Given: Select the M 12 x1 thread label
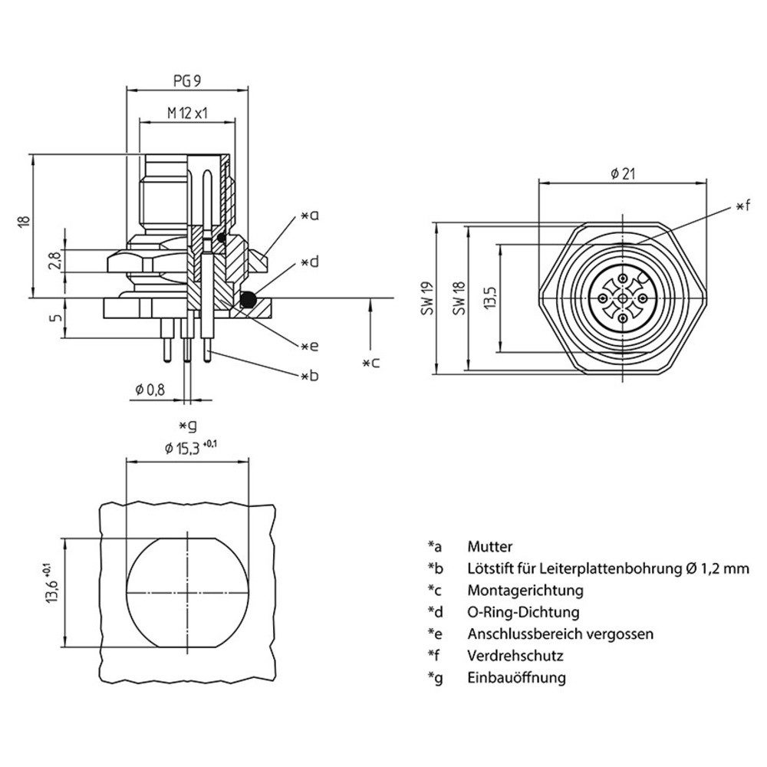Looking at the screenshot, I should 189,113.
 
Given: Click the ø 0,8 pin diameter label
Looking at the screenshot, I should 150,390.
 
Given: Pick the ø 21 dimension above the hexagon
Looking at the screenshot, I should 623,174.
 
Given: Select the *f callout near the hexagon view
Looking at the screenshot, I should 742,206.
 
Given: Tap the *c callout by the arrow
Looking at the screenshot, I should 370,363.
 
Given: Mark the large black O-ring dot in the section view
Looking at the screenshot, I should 247,300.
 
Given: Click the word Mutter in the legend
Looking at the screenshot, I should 489,547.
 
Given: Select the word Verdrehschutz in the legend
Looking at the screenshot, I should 515,656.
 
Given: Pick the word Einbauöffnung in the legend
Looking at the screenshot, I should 516,677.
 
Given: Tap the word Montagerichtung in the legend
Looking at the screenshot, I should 525,591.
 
